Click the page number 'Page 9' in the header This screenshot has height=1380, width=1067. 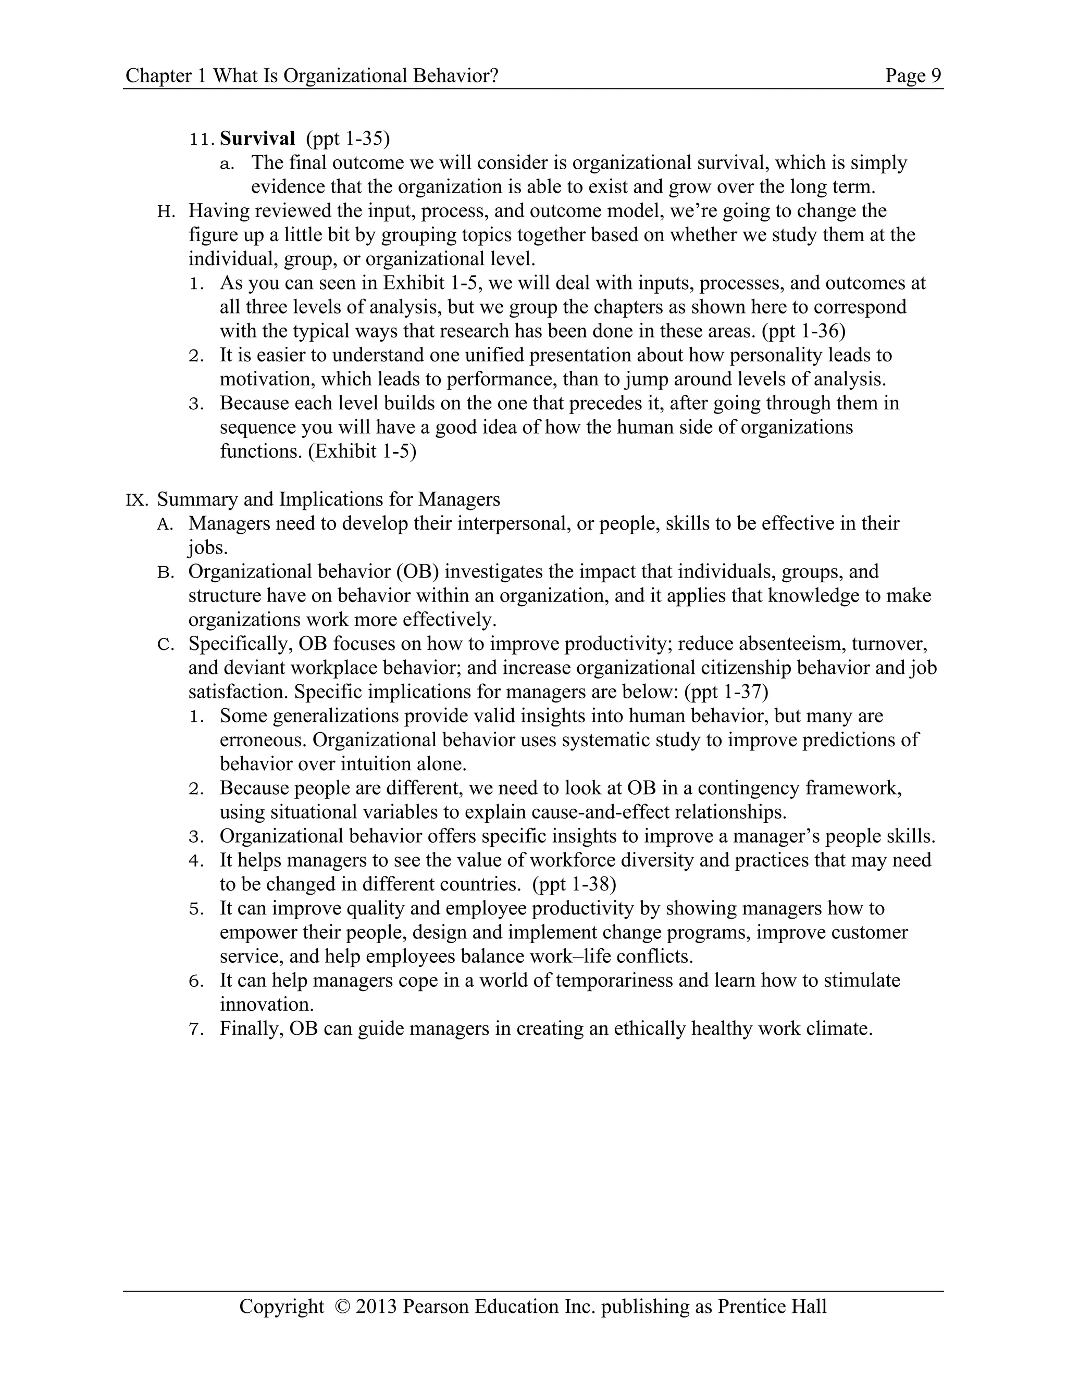click(x=913, y=76)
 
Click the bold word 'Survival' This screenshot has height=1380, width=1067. click(x=257, y=139)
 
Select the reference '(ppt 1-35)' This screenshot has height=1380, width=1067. click(x=348, y=139)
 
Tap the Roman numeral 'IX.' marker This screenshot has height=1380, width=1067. click(x=137, y=500)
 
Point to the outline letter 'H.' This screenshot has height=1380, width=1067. click(x=166, y=211)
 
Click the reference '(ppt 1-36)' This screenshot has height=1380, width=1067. click(x=803, y=331)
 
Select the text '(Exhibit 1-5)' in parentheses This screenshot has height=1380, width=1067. click(x=362, y=452)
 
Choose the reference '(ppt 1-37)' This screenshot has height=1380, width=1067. click(x=726, y=692)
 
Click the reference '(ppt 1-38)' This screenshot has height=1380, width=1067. click(x=574, y=884)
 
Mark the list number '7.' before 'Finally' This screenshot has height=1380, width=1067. click(x=196, y=1030)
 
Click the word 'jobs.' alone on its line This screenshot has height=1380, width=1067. click(x=207, y=548)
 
